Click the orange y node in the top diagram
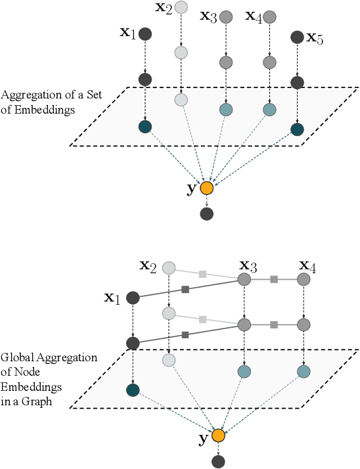click(207, 189)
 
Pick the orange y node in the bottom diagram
click(218, 435)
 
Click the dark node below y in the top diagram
click(207, 214)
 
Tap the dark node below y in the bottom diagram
click(218, 462)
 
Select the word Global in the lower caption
click(16, 357)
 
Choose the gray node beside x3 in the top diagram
click(226, 16)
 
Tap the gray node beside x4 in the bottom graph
click(304, 280)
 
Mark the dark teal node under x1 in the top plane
click(145, 127)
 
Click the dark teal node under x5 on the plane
click(297, 129)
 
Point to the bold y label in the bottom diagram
click(204, 437)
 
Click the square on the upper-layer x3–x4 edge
click(274, 280)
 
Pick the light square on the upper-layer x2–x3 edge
click(203, 273)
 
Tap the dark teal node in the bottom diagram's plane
click(133, 390)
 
